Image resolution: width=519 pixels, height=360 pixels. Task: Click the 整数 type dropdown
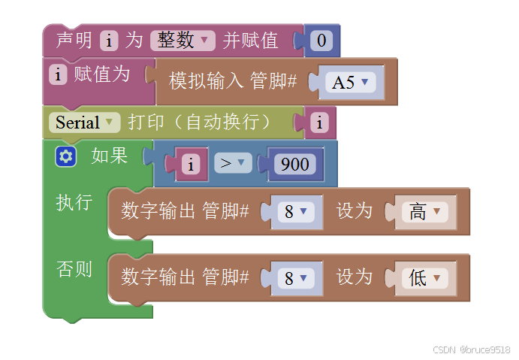[183, 41]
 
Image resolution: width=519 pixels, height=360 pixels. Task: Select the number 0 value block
[322, 41]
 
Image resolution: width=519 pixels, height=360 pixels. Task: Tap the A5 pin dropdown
[352, 82]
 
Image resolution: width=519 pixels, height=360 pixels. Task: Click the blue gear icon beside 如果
[65, 156]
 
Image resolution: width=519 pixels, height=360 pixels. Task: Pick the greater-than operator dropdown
[233, 163]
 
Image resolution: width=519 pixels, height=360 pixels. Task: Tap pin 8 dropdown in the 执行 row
[295, 212]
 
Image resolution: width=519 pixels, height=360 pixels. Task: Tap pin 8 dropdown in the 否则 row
[295, 278]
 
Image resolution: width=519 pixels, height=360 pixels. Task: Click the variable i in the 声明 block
[110, 41]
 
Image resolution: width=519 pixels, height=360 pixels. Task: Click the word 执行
[74, 202]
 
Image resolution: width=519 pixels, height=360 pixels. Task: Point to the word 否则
[74, 268]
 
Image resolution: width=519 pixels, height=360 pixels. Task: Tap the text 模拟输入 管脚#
[233, 81]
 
